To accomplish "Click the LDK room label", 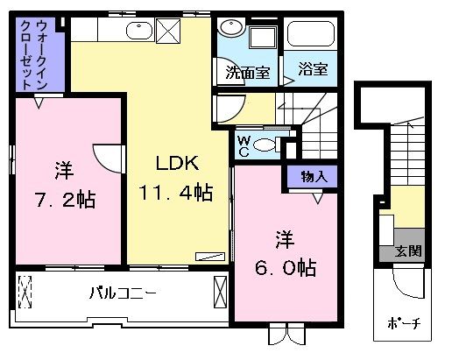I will click(x=179, y=164).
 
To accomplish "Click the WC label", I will click(x=243, y=145).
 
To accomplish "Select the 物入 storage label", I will click(x=309, y=177).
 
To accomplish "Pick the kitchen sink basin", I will click(x=141, y=33).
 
